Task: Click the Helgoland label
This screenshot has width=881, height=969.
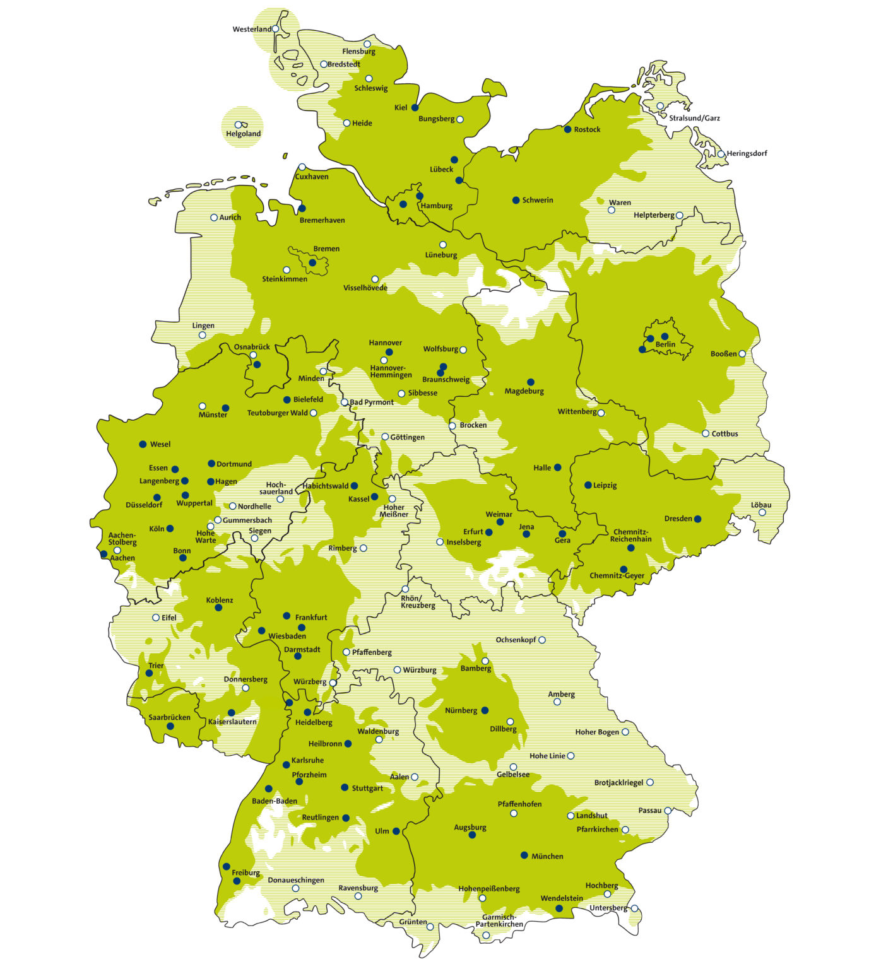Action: [x=243, y=134]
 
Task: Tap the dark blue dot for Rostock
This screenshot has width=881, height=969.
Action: [x=567, y=129]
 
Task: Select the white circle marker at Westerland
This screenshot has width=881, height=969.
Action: [x=275, y=29]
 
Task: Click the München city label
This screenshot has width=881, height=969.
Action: [x=547, y=856]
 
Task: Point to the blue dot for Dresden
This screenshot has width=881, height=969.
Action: [x=697, y=519]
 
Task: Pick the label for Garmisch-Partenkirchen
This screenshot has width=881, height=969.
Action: [x=499, y=920]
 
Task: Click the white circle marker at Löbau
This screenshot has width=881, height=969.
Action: [x=762, y=512]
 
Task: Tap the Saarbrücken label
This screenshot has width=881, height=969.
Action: [x=169, y=717]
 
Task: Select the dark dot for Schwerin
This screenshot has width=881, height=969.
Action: [x=516, y=200]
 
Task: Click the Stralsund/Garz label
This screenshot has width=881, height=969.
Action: [x=694, y=118]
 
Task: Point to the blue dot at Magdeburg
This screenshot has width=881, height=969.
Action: [x=530, y=382]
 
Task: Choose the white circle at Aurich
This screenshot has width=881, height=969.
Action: [x=214, y=218]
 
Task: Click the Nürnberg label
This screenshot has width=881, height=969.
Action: [x=461, y=710]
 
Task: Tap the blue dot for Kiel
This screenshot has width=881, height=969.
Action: [x=415, y=108]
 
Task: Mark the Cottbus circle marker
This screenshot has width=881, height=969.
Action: [x=706, y=433]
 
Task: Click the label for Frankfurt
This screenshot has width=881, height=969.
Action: [x=311, y=617]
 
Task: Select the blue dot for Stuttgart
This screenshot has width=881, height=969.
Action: [x=345, y=787]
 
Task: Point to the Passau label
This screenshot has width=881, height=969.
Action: [x=650, y=810]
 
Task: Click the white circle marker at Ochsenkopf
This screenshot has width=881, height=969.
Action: [x=541, y=640]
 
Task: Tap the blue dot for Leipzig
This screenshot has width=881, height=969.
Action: [x=588, y=485]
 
